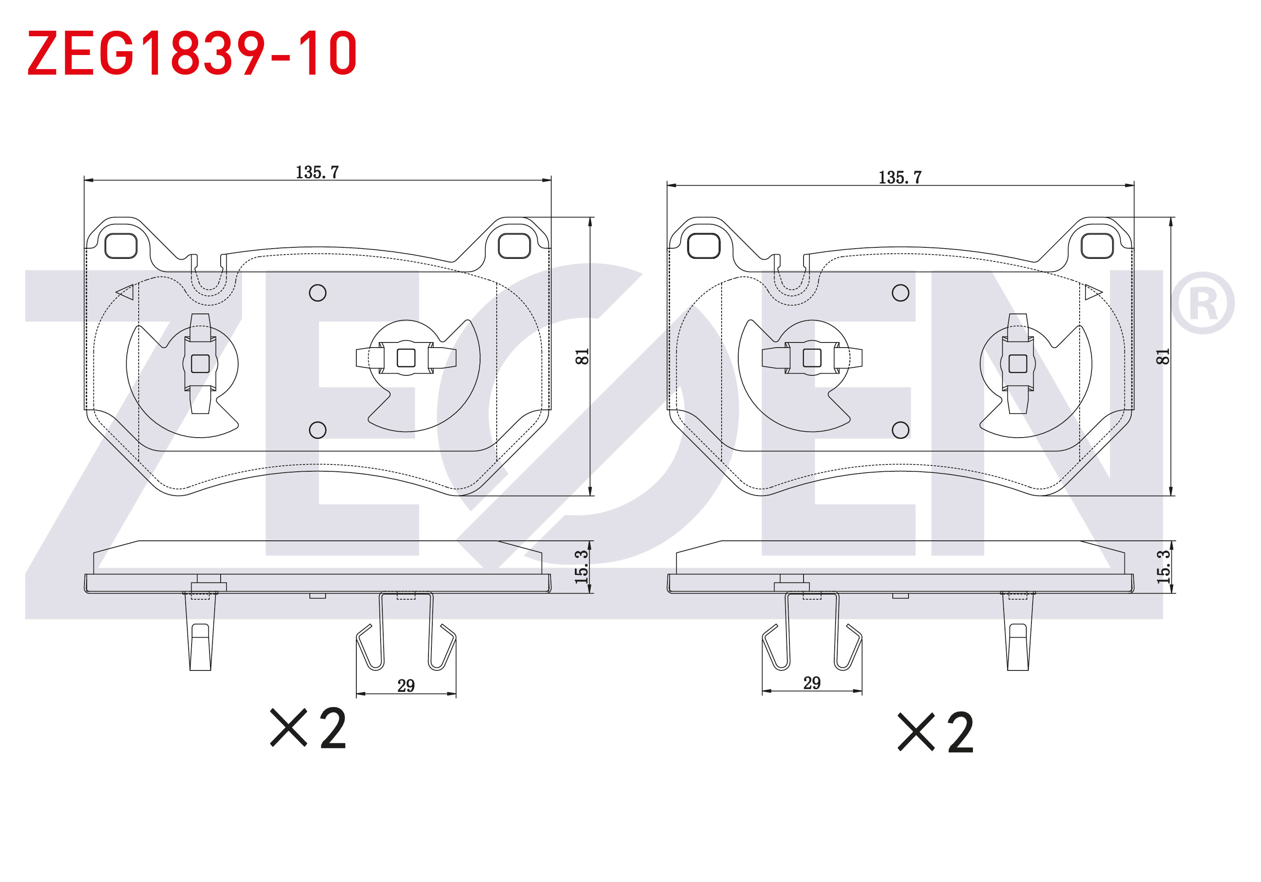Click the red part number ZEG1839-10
coord(192,53)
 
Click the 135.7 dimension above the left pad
coord(317,172)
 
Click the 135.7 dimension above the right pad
coord(900,177)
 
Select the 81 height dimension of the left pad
coord(582,357)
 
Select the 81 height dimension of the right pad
coord(1163,357)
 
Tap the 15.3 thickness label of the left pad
coord(581,566)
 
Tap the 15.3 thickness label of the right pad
coord(1163,566)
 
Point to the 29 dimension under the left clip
coord(406,685)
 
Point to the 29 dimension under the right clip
coord(812,683)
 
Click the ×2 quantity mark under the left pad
coord(308,728)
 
